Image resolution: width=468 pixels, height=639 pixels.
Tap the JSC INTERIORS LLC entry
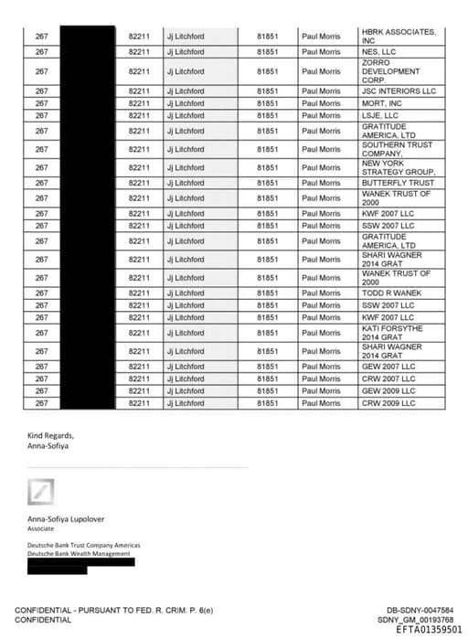399,91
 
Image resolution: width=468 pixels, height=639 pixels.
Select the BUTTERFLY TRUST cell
398,183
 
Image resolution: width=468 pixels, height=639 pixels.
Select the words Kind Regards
50,435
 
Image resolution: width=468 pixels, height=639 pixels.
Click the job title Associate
40,528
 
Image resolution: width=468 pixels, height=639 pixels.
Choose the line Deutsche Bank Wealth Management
79,553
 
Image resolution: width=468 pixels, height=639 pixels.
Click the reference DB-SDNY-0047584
420,610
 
